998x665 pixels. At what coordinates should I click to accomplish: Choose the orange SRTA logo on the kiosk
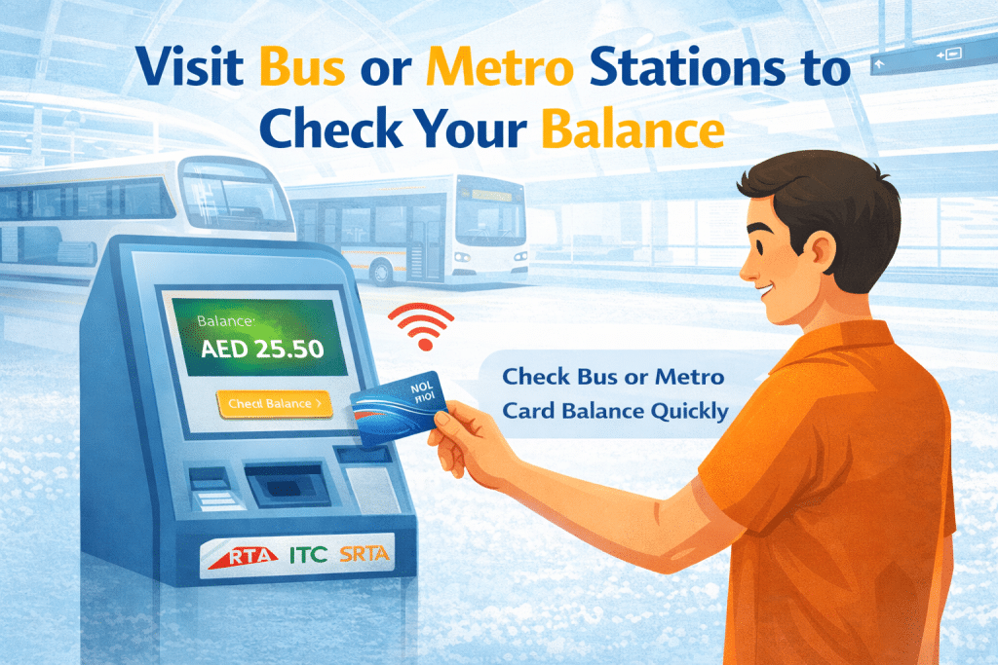coord(364,556)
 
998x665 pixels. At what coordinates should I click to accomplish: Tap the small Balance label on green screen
coord(225,318)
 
